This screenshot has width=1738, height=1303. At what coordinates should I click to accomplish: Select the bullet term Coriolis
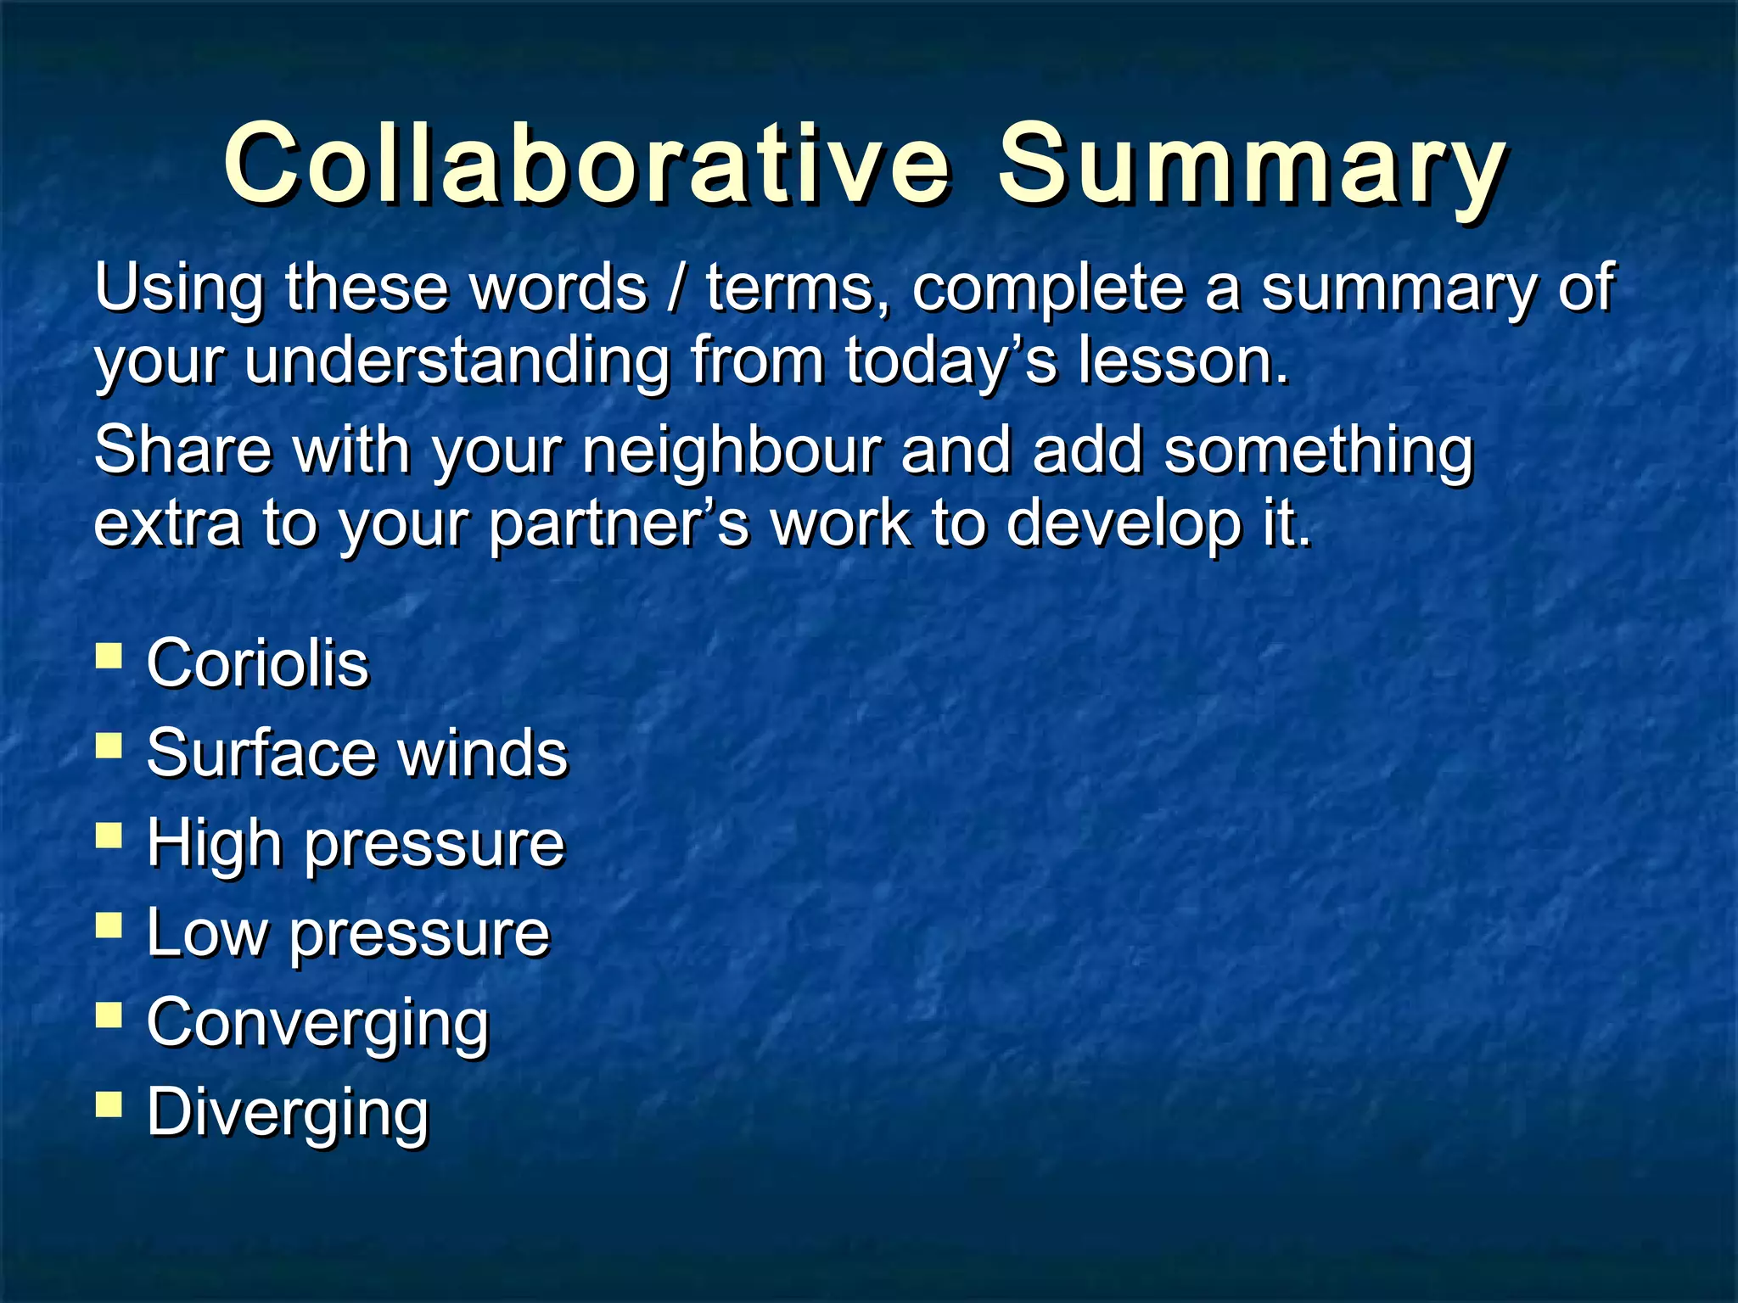pos(258,663)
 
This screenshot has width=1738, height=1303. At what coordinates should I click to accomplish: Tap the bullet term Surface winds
pos(357,752)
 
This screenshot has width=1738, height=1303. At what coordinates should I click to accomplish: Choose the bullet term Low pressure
pos(349,932)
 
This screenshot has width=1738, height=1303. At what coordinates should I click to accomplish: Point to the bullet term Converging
pos(318,1023)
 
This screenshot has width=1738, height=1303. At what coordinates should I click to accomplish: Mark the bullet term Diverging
pos(288,1112)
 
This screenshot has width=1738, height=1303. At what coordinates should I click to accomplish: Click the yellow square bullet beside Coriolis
pos(109,657)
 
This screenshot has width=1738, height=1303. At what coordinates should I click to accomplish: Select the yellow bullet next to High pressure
pos(109,836)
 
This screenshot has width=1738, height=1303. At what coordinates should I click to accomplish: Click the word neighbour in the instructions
pos(732,451)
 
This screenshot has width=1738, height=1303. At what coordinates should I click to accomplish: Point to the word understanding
pos(457,361)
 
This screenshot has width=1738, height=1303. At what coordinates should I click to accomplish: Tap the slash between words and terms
pos(676,288)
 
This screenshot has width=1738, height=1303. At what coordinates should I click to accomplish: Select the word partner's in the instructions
pos(620,523)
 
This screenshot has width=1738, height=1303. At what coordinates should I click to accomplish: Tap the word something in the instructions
pos(1318,451)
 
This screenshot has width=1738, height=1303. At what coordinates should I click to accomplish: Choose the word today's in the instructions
pos(950,361)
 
